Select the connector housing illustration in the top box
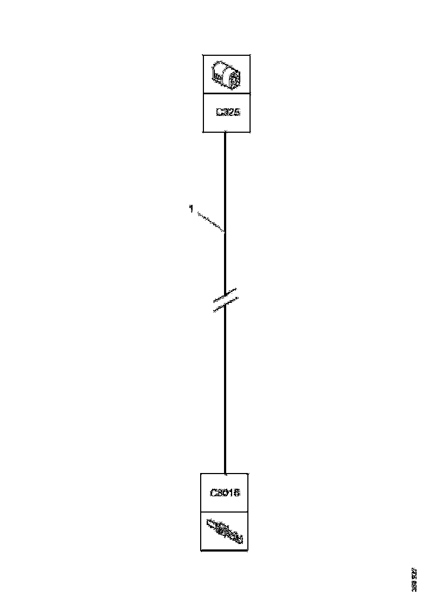[226, 74]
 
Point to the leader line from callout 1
[210, 222]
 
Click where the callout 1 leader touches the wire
[225, 231]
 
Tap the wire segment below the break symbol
[225, 390]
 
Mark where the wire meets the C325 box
[225, 132]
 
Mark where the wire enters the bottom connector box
[225, 473]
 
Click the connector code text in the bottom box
[225, 493]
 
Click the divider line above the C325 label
[226, 93]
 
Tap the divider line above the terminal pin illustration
[225, 512]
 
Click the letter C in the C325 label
[219, 113]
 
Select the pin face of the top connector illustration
[234, 79]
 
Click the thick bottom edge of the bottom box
[225, 550]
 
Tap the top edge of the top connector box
[226, 55]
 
